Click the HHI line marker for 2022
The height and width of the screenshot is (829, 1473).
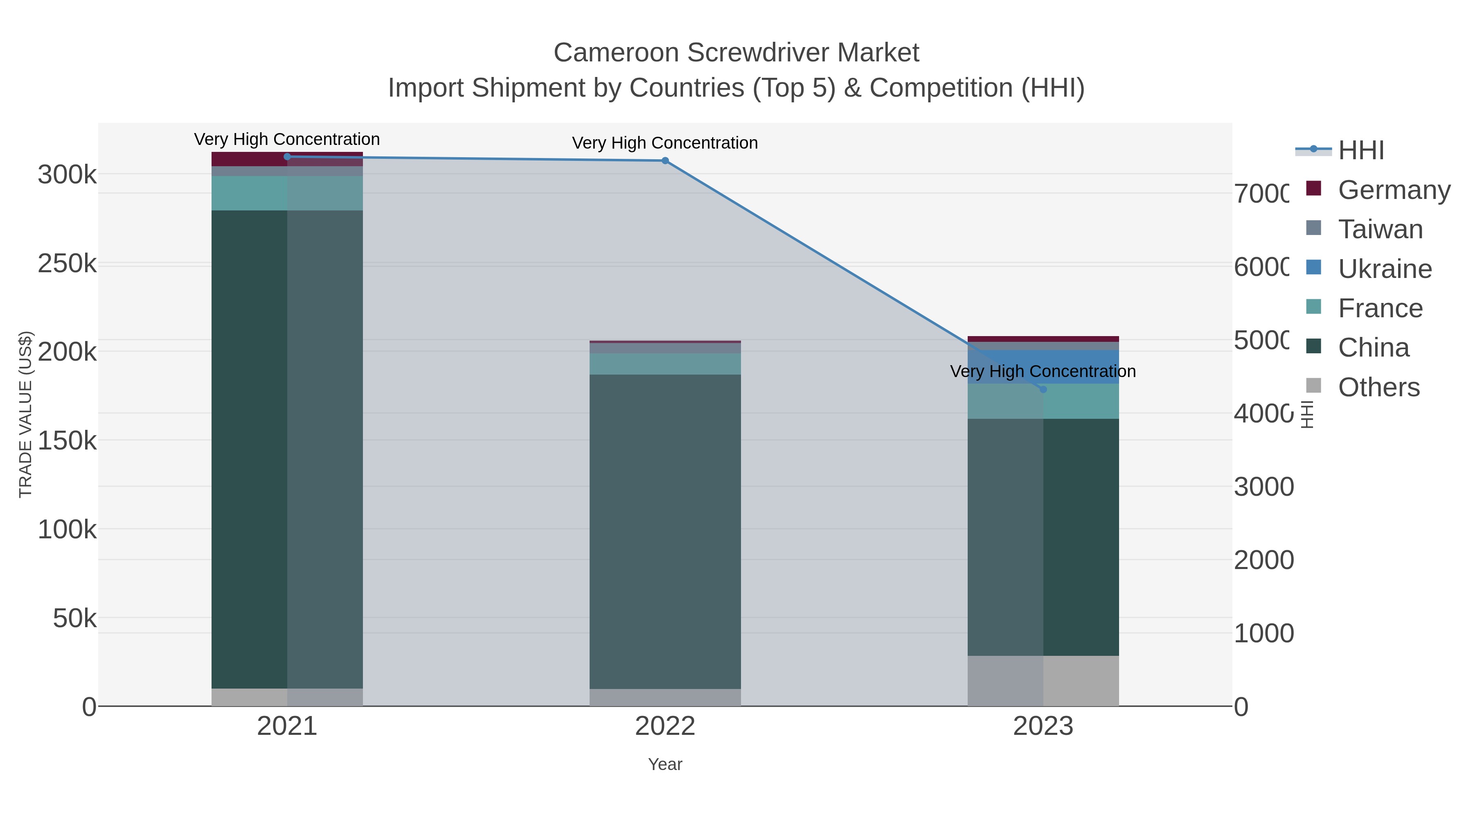665,161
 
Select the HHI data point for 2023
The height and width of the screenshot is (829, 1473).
1043,390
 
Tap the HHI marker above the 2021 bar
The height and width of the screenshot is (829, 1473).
287,157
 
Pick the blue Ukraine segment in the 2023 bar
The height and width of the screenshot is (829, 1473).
1043,367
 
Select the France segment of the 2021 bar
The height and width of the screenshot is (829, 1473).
287,193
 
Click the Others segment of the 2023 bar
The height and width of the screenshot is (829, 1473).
1043,680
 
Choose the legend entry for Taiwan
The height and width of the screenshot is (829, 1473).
1379,229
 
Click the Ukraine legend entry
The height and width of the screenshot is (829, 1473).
1384,269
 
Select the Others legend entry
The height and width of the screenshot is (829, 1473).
1378,387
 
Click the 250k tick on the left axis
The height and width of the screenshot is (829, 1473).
67,264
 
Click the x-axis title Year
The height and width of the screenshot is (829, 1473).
665,764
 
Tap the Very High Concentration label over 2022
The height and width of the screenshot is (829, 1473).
665,143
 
